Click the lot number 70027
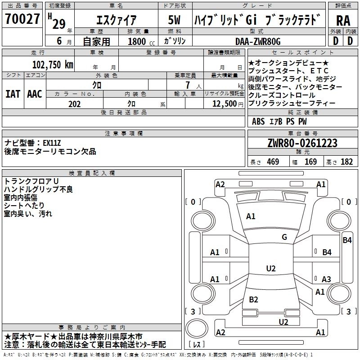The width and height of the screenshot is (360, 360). [x=22, y=19]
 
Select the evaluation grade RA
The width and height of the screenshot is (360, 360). [x=342, y=20]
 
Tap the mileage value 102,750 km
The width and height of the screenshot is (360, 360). [x=53, y=64]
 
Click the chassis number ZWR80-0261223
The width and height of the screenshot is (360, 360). [x=302, y=144]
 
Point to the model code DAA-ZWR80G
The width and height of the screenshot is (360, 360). [x=258, y=41]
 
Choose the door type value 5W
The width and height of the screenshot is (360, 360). [x=175, y=20]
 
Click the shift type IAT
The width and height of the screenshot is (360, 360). [x=13, y=94]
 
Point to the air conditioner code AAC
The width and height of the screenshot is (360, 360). [x=35, y=94]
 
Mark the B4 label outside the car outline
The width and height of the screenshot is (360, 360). [x=347, y=240]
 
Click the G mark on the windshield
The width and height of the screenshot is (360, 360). [x=284, y=237]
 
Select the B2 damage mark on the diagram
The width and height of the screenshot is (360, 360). [x=253, y=299]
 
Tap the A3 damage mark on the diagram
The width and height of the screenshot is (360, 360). [x=326, y=279]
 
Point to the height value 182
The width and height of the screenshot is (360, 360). [x=346, y=162]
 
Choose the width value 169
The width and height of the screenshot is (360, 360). [x=311, y=162]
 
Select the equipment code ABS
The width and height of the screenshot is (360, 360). [x=258, y=121]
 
